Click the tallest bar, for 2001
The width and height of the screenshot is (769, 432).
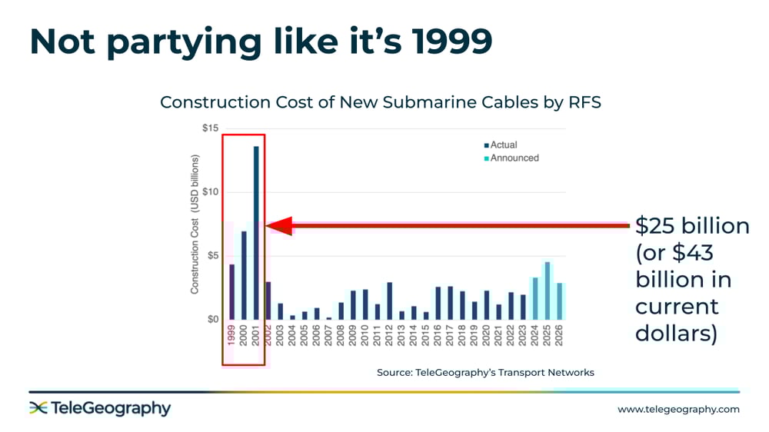[x=256, y=233]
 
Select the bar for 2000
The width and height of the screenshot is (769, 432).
[x=244, y=276]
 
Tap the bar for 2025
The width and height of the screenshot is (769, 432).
[x=548, y=291]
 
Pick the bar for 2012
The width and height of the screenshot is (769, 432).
[x=389, y=301]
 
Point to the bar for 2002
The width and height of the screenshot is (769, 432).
[x=268, y=301]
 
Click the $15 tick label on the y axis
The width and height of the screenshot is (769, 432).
[x=211, y=128]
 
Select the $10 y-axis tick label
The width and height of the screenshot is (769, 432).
[x=211, y=191]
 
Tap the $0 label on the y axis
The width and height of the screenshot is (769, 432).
[x=213, y=319]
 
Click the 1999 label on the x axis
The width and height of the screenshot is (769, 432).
[x=231, y=335]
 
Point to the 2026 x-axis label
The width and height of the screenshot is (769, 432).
[x=559, y=335]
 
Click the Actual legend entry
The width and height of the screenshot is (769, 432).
[x=501, y=145]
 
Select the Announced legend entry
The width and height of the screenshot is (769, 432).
[x=511, y=158]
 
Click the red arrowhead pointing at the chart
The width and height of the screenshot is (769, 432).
[x=279, y=225]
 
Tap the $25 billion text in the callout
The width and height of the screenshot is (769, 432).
[x=692, y=226]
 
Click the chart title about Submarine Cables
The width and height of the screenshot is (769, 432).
[x=381, y=102]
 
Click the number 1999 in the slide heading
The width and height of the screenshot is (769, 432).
[x=452, y=42]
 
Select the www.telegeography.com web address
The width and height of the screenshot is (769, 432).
[x=678, y=409]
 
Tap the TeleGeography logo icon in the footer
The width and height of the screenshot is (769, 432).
[x=38, y=407]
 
